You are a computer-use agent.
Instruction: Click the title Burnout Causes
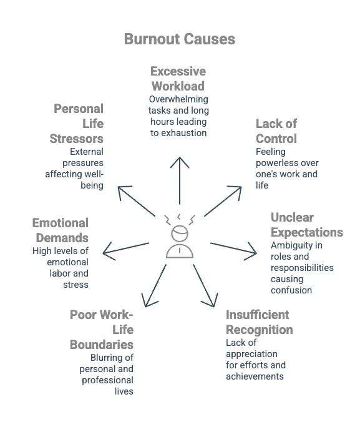180,39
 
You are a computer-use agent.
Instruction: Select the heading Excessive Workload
178,79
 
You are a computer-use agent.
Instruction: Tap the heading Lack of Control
276,130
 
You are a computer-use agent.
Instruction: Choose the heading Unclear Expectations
306,225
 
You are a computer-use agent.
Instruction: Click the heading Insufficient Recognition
259,321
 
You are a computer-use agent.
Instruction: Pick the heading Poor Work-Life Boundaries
102,329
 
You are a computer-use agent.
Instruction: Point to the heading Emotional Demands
61,230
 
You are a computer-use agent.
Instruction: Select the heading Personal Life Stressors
77,123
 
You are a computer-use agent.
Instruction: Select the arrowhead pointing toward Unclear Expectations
252,253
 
